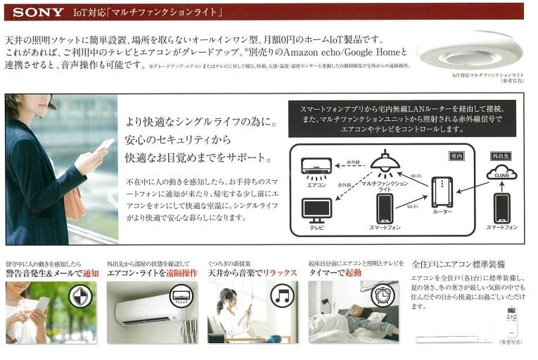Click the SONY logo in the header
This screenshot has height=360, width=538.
pyautogui.click(x=39, y=12)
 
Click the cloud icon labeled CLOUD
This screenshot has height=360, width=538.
pyautogui.click(x=501, y=172)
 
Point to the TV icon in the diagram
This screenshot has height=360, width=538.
pyautogui.click(x=316, y=209)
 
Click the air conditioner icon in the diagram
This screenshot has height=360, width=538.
pyautogui.click(x=316, y=167)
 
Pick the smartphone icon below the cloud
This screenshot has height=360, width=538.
pyautogui.click(x=501, y=208)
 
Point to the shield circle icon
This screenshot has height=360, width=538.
pyautogui.click(x=81, y=296)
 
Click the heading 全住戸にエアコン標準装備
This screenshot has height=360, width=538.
pyautogui.click(x=458, y=264)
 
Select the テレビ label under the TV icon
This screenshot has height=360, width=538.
pyautogui.click(x=316, y=228)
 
